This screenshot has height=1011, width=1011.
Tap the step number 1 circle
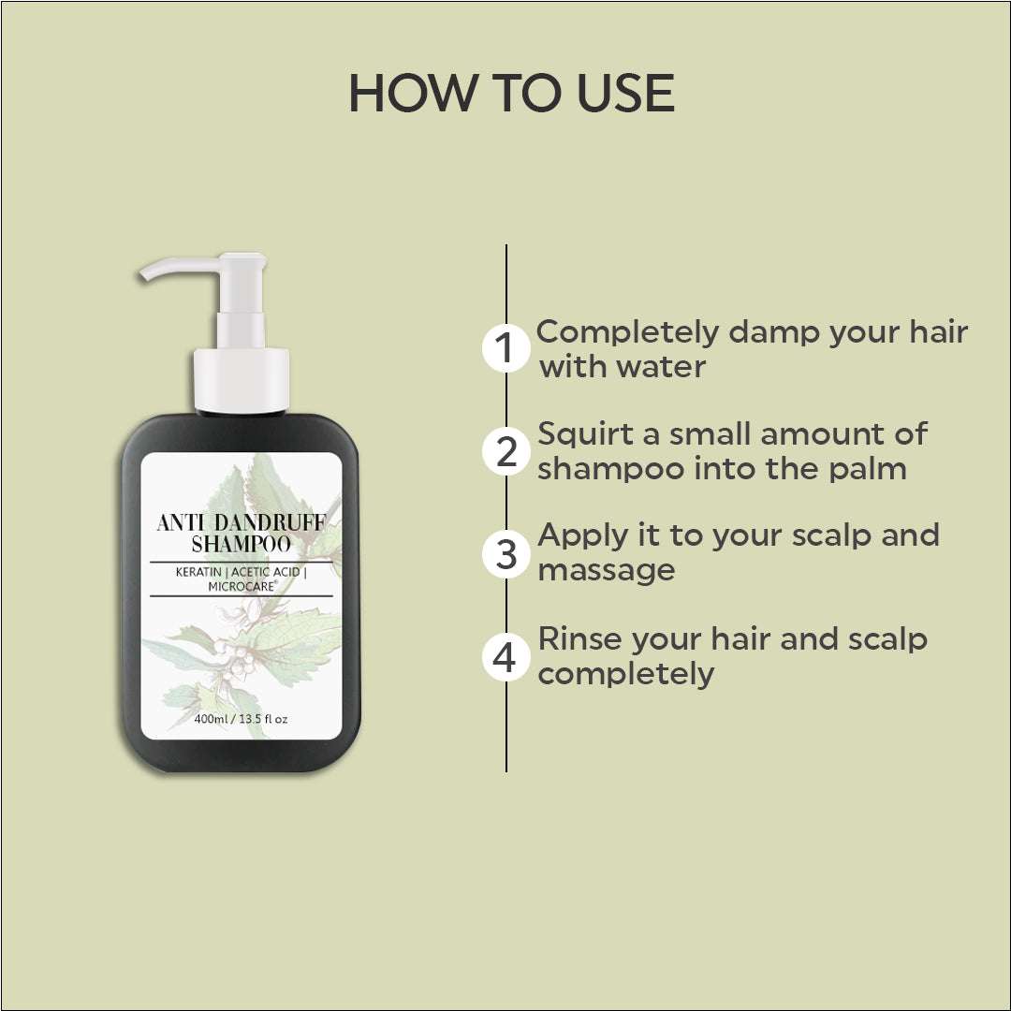tap(506, 348)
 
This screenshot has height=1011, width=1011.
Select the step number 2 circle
tap(506, 450)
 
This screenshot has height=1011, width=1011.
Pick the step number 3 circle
tap(506, 553)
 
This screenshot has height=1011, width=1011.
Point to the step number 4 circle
tap(506, 657)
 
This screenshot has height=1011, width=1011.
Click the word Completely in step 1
tap(627, 333)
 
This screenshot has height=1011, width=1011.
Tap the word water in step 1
tap(661, 366)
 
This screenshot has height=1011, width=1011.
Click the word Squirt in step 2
tap(585, 434)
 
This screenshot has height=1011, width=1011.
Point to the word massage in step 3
tap(606, 571)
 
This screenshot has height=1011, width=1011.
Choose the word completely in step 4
tap(625, 675)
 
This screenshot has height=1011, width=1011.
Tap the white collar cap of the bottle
tap(242, 380)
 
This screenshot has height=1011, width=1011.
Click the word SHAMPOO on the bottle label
tap(242, 544)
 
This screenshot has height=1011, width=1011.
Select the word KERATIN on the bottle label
tap(198, 572)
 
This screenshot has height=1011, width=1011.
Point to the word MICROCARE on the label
tap(242, 586)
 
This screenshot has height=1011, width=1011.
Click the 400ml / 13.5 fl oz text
tap(242, 719)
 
